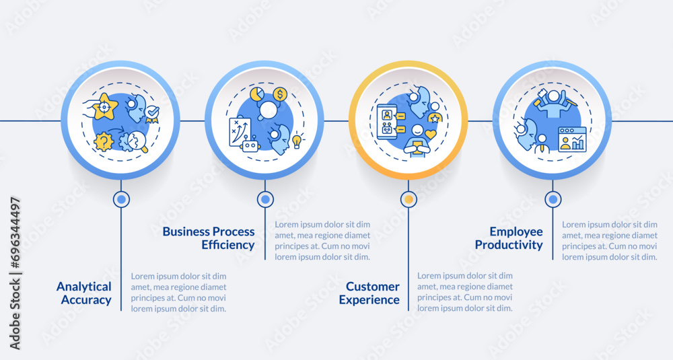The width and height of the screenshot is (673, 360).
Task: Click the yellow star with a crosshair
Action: [x=105, y=106]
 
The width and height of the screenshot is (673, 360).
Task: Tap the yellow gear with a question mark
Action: [x=104, y=141]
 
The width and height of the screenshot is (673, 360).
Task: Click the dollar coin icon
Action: [x=280, y=94]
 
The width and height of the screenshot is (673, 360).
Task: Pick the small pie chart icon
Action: [x=256, y=92]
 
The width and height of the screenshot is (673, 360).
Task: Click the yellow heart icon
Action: [x=430, y=134]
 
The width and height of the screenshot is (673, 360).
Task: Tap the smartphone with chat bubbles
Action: [x=387, y=122]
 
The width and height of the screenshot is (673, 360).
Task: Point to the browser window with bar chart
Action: [x=572, y=139]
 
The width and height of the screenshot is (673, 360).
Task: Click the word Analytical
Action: [x=83, y=287]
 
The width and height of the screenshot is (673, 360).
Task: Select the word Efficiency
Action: [x=228, y=245]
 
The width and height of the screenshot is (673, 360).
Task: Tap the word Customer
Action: [x=373, y=287]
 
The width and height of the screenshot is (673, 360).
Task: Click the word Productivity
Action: [x=508, y=245]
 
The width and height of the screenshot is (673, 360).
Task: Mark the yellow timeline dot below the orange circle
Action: [x=409, y=199]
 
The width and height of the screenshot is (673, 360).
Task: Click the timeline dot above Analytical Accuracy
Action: [x=121, y=199]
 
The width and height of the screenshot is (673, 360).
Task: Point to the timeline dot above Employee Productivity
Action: [x=553, y=199]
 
